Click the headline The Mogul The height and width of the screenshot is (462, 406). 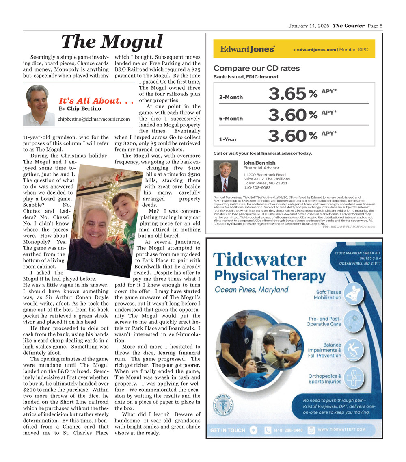[112, 41]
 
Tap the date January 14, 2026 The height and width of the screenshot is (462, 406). [309, 26]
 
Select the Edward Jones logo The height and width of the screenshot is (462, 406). [248, 49]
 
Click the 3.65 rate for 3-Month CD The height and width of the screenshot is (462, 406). [287, 95]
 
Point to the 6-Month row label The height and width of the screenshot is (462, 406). [231, 119]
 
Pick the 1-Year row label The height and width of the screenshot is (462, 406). [228, 139]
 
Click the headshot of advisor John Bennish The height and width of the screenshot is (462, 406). [225, 177]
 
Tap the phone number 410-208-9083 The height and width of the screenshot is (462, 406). [257, 188]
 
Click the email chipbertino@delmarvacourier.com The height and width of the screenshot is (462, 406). [94, 119]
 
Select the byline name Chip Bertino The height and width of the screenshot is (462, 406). [84, 109]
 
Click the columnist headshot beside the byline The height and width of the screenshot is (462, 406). [39, 105]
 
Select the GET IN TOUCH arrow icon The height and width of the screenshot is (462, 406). [254, 430]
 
